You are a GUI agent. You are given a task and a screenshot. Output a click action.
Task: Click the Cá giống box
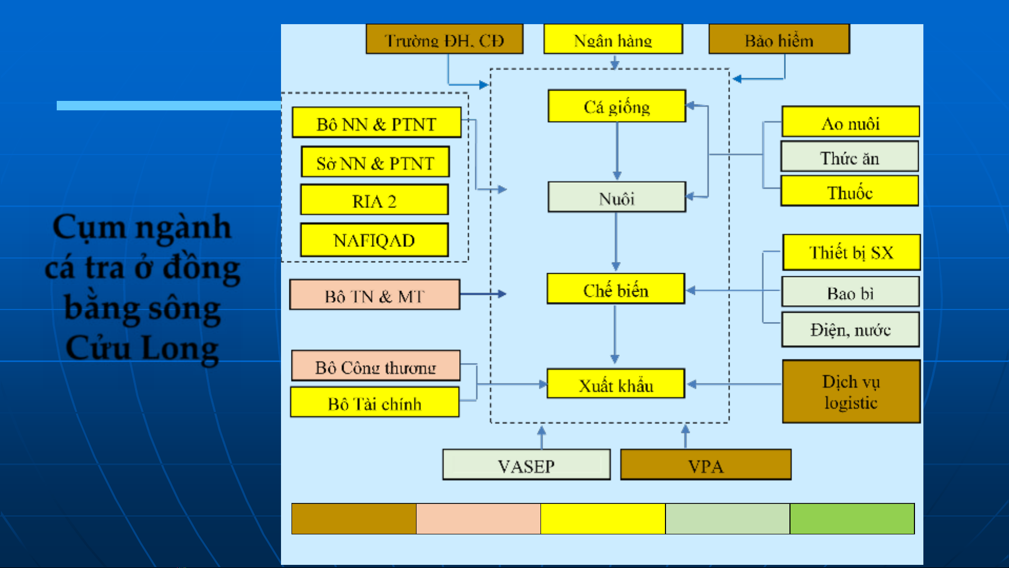point(617,106)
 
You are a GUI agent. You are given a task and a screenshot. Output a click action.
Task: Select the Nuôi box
point(617,198)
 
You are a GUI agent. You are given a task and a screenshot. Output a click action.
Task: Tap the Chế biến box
point(616,289)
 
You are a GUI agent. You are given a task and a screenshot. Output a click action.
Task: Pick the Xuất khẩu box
point(616,384)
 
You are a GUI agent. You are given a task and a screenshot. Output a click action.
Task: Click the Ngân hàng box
point(613,39)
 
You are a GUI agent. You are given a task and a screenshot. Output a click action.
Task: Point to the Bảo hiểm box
point(779,39)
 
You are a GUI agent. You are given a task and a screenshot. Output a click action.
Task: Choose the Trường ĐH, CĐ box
point(444,39)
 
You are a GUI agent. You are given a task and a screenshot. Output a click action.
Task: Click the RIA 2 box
point(375,200)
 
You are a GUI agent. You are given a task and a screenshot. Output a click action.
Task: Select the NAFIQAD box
point(375,240)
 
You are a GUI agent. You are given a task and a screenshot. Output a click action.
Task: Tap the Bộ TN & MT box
point(375,295)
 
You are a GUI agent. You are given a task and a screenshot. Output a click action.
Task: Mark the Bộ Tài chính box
point(375,403)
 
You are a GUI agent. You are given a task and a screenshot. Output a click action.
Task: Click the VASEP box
point(526,465)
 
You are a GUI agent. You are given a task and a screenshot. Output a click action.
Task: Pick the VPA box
point(705,465)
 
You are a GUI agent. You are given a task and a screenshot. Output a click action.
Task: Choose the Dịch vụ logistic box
point(851,391)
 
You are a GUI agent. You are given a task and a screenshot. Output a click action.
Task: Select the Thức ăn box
point(849,157)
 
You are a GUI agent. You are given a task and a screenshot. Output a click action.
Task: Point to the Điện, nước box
point(850,330)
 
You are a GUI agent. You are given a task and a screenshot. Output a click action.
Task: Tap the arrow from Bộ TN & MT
point(483,294)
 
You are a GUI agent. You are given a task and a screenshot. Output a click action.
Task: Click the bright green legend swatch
point(852,519)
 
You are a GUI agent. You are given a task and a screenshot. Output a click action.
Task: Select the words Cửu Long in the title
point(142,348)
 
